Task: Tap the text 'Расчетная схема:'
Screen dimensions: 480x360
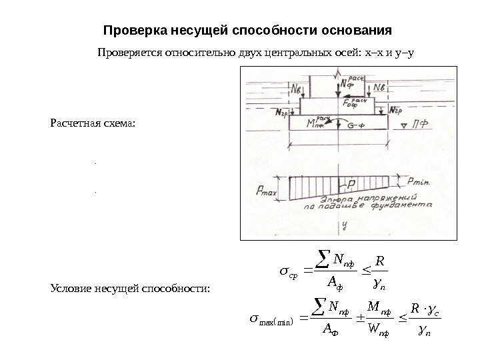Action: tap(92, 123)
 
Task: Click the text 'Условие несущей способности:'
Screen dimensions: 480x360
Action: tap(130, 288)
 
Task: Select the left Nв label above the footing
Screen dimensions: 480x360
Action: tap(297, 89)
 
